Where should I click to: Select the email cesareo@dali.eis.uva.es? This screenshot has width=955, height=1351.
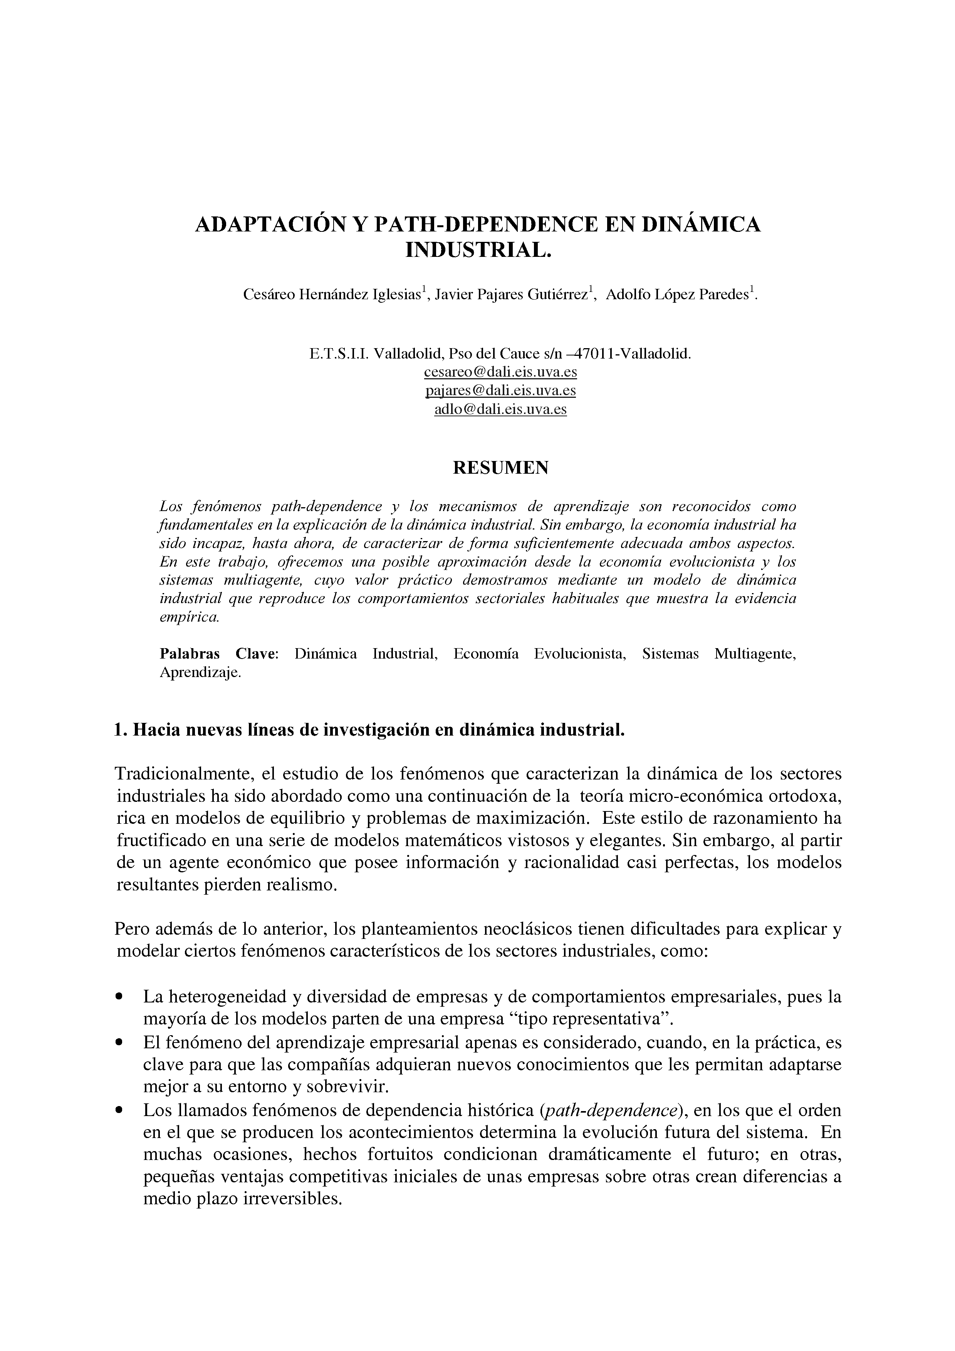pyautogui.click(x=500, y=372)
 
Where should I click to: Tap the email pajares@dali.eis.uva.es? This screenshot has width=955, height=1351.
pyautogui.click(x=500, y=391)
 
